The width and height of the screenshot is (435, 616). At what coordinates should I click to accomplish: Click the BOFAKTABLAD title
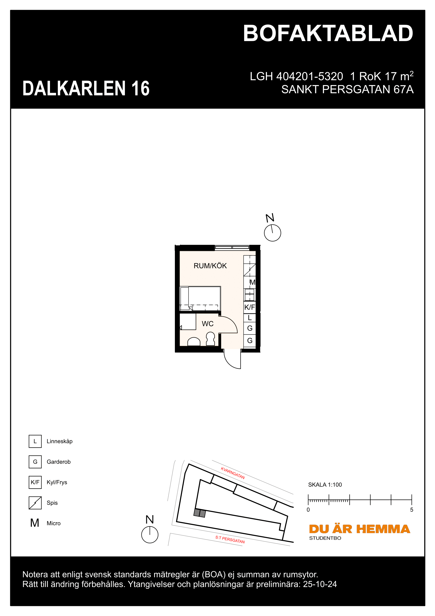[x=328, y=33]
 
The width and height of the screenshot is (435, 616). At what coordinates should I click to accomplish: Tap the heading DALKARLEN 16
[x=86, y=88]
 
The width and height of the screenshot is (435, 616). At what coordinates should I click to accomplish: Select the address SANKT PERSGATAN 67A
[x=347, y=90]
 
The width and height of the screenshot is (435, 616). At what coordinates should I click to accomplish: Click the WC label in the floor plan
[x=208, y=324]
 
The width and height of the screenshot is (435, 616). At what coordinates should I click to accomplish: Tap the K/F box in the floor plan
[x=250, y=307]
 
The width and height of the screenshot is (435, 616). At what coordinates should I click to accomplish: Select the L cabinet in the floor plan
[x=250, y=318]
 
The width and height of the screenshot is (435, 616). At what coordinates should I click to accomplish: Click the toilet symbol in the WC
[x=211, y=339]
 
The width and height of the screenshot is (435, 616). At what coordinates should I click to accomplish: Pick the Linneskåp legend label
[x=59, y=441]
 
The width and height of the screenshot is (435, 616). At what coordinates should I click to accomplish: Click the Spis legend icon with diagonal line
[x=35, y=503]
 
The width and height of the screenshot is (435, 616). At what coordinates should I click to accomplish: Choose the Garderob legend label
[x=59, y=462]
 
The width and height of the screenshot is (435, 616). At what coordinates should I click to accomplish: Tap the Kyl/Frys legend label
[x=57, y=482]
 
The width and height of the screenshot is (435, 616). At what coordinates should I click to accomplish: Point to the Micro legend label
[x=54, y=523]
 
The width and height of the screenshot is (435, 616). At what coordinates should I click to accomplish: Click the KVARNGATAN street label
[x=233, y=473]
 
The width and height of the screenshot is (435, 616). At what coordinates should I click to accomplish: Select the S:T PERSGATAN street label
[x=230, y=539]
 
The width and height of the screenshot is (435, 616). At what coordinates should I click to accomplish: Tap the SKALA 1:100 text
[x=325, y=485]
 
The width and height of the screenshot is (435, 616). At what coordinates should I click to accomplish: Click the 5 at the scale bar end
[x=412, y=510]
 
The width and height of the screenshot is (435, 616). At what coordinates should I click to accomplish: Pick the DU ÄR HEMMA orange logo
[x=360, y=529]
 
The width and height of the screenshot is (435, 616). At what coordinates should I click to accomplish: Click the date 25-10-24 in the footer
[x=320, y=584]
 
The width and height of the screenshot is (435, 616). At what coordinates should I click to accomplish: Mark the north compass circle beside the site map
[x=150, y=534]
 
